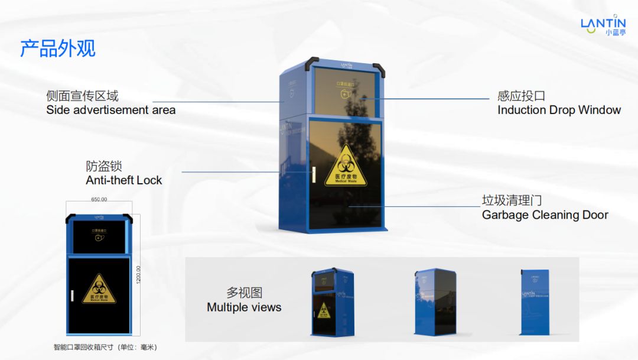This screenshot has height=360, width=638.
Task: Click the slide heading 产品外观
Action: [x=58, y=48]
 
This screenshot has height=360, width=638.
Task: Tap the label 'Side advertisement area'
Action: [x=110, y=110]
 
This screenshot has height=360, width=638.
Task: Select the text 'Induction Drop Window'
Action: [x=559, y=110]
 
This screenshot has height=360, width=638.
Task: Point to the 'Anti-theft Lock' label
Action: [x=123, y=180]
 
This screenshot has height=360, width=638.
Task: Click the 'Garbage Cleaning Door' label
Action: [x=545, y=215]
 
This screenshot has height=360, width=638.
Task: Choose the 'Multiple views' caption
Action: [x=244, y=307]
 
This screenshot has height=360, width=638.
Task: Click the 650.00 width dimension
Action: [x=99, y=200]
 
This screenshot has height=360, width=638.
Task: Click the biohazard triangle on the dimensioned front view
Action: [x=99, y=289]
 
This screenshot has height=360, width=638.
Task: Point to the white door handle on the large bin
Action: [x=314, y=174]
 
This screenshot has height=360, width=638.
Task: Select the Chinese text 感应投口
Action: [x=521, y=96]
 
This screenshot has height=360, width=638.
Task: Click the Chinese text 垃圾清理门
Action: [x=512, y=201]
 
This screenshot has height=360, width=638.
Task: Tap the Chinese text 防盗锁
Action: [x=104, y=166]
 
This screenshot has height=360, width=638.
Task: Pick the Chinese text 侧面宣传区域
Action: [x=82, y=96]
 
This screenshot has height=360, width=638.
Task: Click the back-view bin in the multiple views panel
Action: [x=535, y=301]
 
